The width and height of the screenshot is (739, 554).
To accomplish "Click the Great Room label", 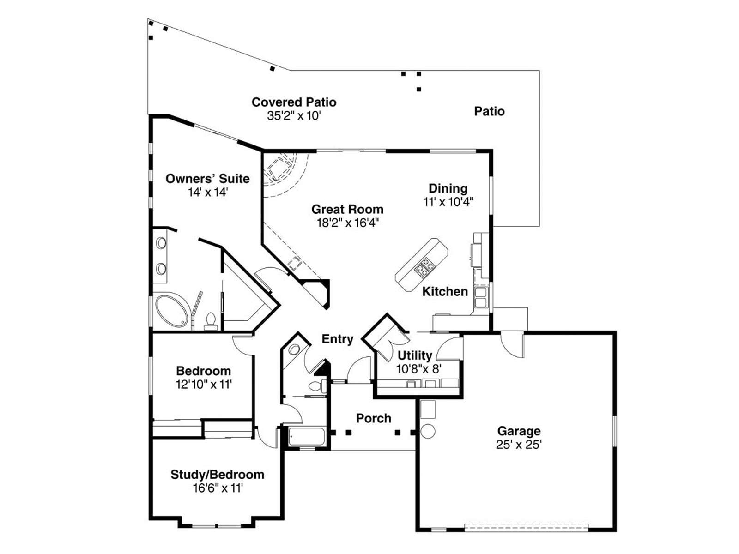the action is click(x=347, y=209).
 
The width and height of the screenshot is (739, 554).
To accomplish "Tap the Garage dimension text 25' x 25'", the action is click(x=519, y=445).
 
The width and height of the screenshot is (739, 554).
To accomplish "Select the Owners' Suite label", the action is click(x=207, y=178).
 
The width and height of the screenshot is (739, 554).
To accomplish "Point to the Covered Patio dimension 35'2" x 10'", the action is click(x=294, y=116).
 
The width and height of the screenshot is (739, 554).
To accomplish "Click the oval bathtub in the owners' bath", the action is click(x=171, y=310).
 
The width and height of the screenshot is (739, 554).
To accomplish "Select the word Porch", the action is click(x=374, y=418).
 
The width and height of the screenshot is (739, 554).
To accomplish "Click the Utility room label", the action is click(x=415, y=355).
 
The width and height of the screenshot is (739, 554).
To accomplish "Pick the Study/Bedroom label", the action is click(x=217, y=475).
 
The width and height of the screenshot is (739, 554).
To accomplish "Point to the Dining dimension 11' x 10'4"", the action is click(x=448, y=202).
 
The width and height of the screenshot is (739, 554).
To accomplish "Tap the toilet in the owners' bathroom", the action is click(x=211, y=322).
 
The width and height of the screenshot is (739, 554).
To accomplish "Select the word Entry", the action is click(x=337, y=339).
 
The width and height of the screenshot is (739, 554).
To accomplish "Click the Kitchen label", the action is click(x=445, y=291).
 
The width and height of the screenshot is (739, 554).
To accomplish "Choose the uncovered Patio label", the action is click(x=489, y=111).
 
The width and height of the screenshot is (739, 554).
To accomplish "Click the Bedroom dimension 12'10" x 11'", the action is click(x=204, y=384).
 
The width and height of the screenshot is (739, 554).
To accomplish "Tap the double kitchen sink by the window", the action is click(x=480, y=297).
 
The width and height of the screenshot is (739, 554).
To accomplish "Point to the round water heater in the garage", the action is click(x=428, y=431).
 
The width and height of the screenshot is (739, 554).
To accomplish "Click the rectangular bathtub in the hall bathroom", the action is click(x=306, y=437).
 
